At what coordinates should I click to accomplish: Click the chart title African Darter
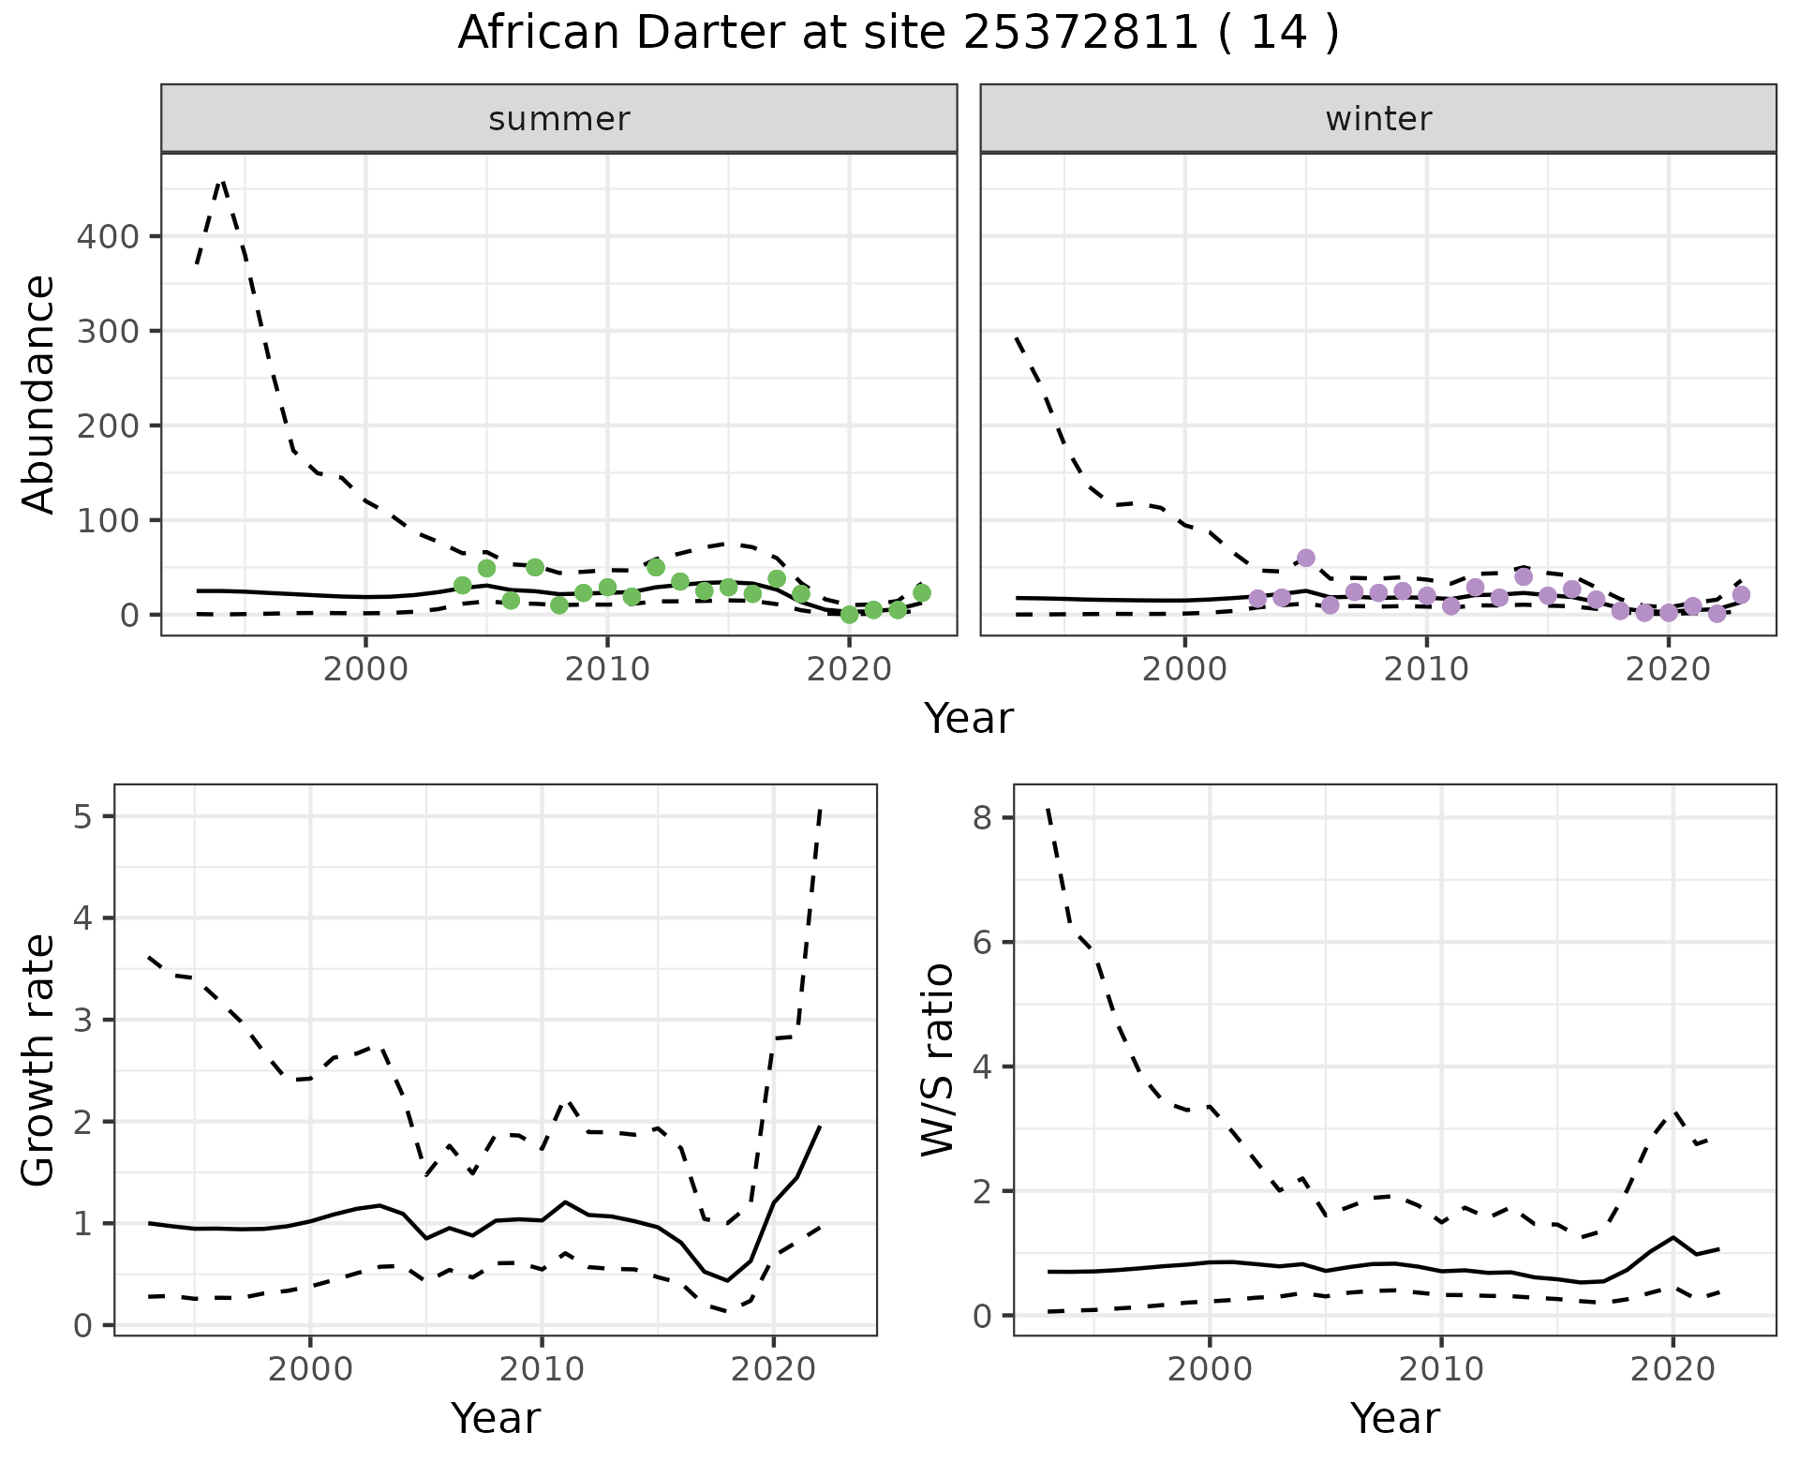coord(898,34)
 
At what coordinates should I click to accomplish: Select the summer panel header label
coord(559,119)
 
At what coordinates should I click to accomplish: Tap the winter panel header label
coord(1378,119)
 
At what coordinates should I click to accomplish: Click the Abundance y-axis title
coord(39,394)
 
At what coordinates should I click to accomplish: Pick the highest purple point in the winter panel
coord(1306,558)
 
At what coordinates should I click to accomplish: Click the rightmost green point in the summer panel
coord(922,592)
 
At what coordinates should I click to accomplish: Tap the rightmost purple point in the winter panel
coord(1742,594)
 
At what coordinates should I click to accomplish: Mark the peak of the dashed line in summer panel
coord(222,180)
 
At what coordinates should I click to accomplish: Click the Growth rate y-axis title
coord(39,1061)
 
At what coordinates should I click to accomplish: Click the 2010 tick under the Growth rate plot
coord(542,1370)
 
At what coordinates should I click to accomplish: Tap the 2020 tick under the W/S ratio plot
coord(1673,1370)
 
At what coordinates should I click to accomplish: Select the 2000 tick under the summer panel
coord(365,670)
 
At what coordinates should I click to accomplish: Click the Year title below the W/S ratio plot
coord(1394,1419)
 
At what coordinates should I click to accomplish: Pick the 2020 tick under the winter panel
coord(1668,670)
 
